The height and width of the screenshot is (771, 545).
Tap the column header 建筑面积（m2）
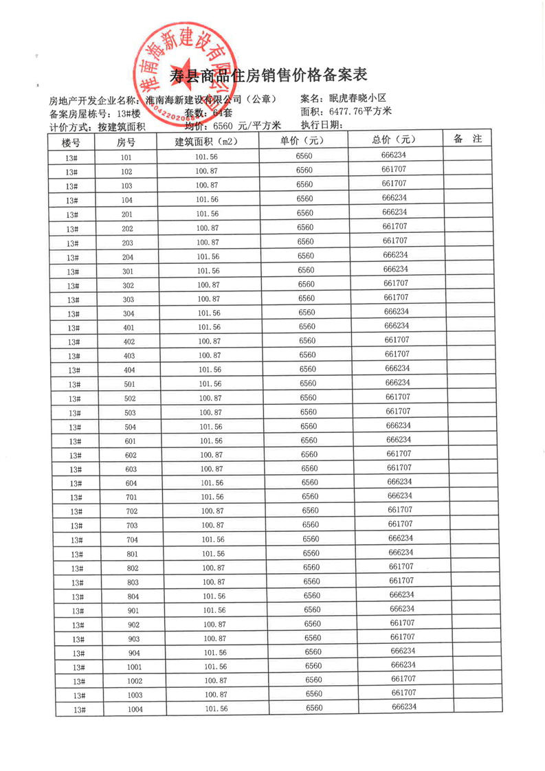coord(206,142)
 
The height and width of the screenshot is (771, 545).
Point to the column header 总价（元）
coord(395,139)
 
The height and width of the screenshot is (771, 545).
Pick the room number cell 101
coord(126,157)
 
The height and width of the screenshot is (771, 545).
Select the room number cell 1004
coord(135,709)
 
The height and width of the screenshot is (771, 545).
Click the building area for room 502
coord(210,398)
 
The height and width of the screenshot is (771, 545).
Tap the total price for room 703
coord(399,524)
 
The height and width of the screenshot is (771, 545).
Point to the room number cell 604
coord(131,483)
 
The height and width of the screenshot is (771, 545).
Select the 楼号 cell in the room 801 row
coord(76,554)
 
